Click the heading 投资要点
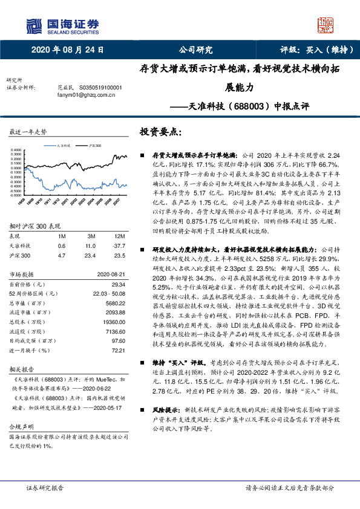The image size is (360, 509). (161, 131)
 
